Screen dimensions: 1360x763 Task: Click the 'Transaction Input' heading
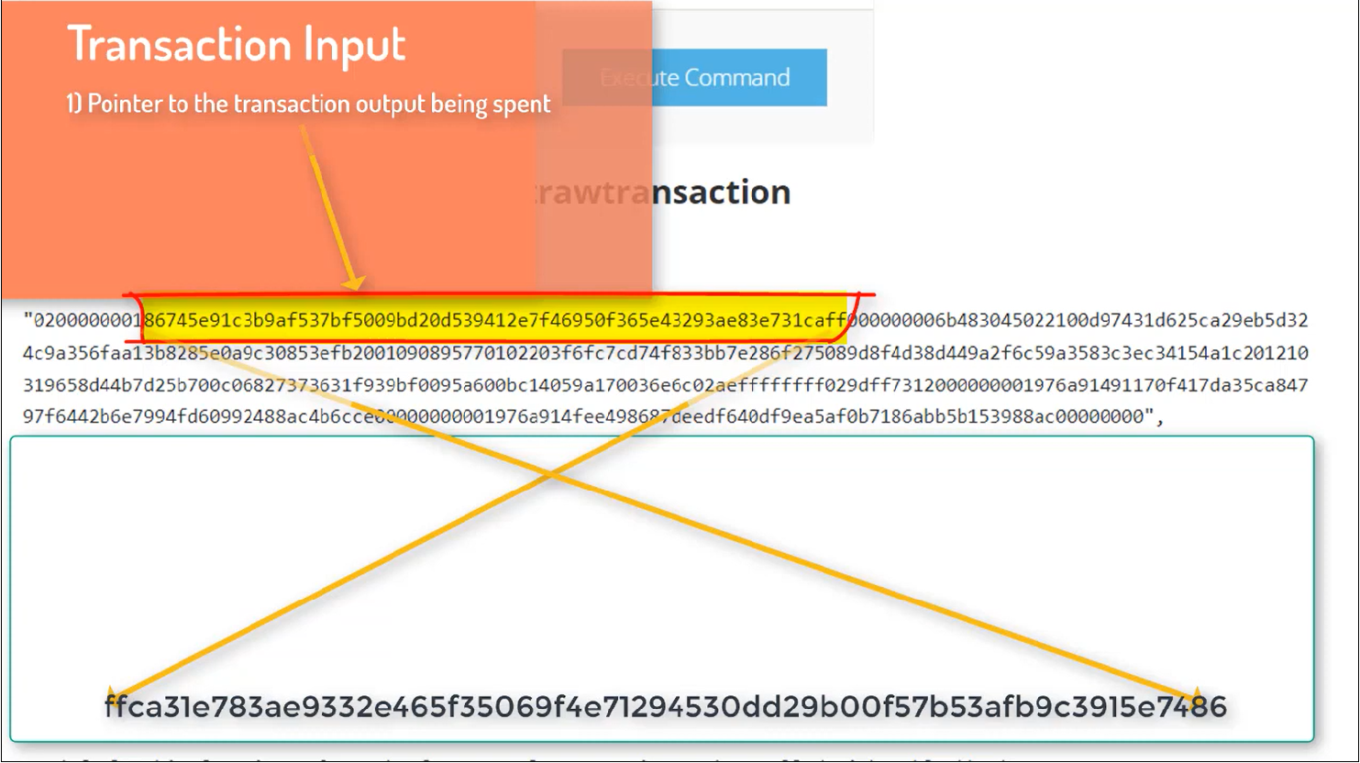(x=237, y=44)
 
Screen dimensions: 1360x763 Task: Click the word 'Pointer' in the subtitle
(x=126, y=104)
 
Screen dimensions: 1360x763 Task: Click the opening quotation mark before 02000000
(x=28, y=321)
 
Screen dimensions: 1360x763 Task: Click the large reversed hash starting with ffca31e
(x=665, y=707)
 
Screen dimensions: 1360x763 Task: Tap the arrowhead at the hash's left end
(x=112, y=693)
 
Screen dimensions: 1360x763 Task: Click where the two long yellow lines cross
(x=549, y=475)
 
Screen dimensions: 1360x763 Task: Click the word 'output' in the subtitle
(x=391, y=105)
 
